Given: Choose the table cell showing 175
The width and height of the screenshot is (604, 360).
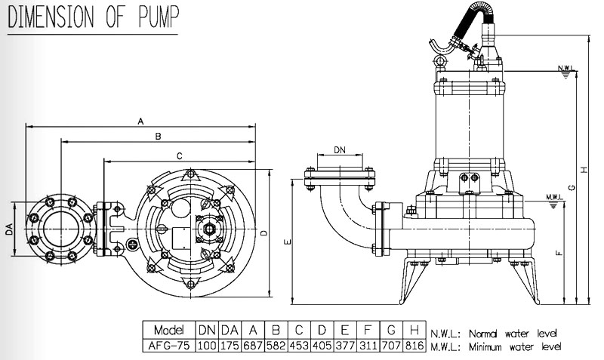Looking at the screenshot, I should tap(230, 346).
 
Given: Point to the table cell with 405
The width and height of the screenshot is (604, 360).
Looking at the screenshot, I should tap(322, 346).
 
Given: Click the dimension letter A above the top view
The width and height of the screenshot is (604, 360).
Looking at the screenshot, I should tap(140, 120).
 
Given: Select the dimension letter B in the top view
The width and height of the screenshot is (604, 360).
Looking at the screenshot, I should tap(157, 137).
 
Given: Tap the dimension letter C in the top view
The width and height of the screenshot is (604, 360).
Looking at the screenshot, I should tap(180, 155).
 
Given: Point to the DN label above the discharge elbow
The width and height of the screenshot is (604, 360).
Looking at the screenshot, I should tap(340, 151).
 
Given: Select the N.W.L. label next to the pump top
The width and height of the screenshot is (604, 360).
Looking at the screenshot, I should tap(566, 68).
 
